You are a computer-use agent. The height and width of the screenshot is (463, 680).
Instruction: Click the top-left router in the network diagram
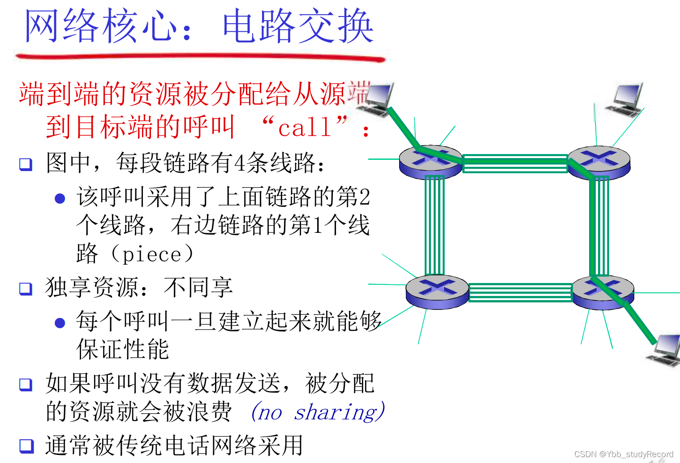point(430,161)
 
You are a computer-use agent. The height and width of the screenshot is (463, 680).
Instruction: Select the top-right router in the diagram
point(599,162)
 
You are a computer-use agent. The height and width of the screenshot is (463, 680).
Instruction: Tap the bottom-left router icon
point(437,291)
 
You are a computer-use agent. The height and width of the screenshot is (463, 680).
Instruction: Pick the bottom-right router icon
point(603,292)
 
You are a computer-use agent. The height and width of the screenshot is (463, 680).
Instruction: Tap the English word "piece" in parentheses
point(152,255)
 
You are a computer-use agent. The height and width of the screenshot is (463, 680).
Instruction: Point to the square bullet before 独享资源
point(26,288)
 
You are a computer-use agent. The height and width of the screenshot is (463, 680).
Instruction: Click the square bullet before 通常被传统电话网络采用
point(26,446)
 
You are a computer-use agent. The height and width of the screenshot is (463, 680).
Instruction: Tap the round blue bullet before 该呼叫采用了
point(60,198)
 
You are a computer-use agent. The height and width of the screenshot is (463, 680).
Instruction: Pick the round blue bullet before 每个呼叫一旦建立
point(60,323)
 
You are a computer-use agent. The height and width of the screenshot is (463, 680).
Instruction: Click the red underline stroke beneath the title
point(200,57)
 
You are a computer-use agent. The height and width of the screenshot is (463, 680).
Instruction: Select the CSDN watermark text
point(624,454)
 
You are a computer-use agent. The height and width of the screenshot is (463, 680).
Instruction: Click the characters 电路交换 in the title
point(298,27)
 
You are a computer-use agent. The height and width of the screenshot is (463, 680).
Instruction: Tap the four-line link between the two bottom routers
point(520,292)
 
